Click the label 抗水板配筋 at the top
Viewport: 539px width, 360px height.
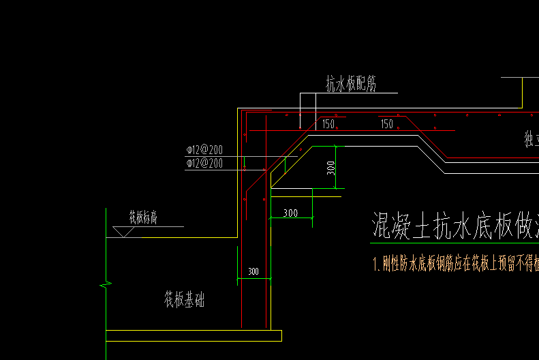tap(351, 85)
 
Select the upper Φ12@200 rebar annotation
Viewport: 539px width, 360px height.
tap(204, 150)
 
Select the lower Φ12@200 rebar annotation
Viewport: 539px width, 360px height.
tap(204, 164)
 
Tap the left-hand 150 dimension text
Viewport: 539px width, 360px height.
tap(328, 124)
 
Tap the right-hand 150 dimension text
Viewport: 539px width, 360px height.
tap(386, 124)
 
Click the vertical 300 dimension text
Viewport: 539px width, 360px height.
tap(331, 167)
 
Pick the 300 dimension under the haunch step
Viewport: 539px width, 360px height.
tap(290, 213)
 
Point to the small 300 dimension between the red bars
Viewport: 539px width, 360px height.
tap(253, 271)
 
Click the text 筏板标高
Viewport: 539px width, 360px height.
tap(144, 217)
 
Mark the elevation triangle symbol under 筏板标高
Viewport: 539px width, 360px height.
tap(123, 232)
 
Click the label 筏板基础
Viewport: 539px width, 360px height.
tap(183, 300)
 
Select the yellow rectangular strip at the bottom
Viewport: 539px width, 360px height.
tap(194, 335)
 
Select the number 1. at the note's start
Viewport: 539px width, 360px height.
tap(376, 264)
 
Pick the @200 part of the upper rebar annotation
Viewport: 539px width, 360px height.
tap(211, 150)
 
